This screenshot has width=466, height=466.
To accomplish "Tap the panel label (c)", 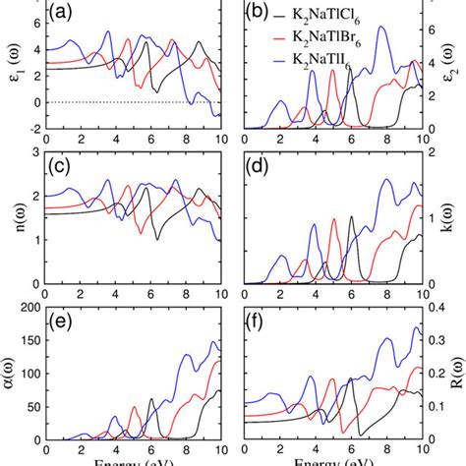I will (x=65, y=166).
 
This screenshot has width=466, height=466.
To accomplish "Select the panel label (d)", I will (x=260, y=166).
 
